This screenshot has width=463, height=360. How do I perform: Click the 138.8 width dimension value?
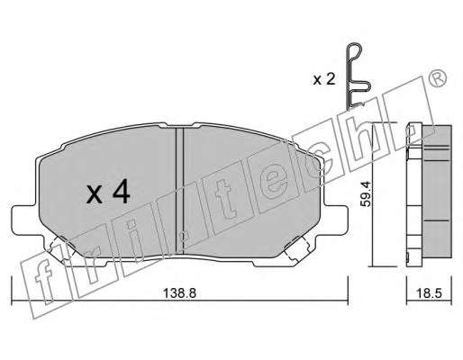click(x=179, y=293)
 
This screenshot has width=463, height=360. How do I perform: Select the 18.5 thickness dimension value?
click(x=430, y=293)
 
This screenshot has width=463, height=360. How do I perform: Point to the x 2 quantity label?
click(x=324, y=79)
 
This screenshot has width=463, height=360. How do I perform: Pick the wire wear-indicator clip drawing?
click(x=358, y=76)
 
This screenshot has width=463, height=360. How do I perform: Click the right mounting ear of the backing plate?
click(x=336, y=219)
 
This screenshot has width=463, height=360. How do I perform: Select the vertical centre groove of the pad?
click(x=179, y=190)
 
